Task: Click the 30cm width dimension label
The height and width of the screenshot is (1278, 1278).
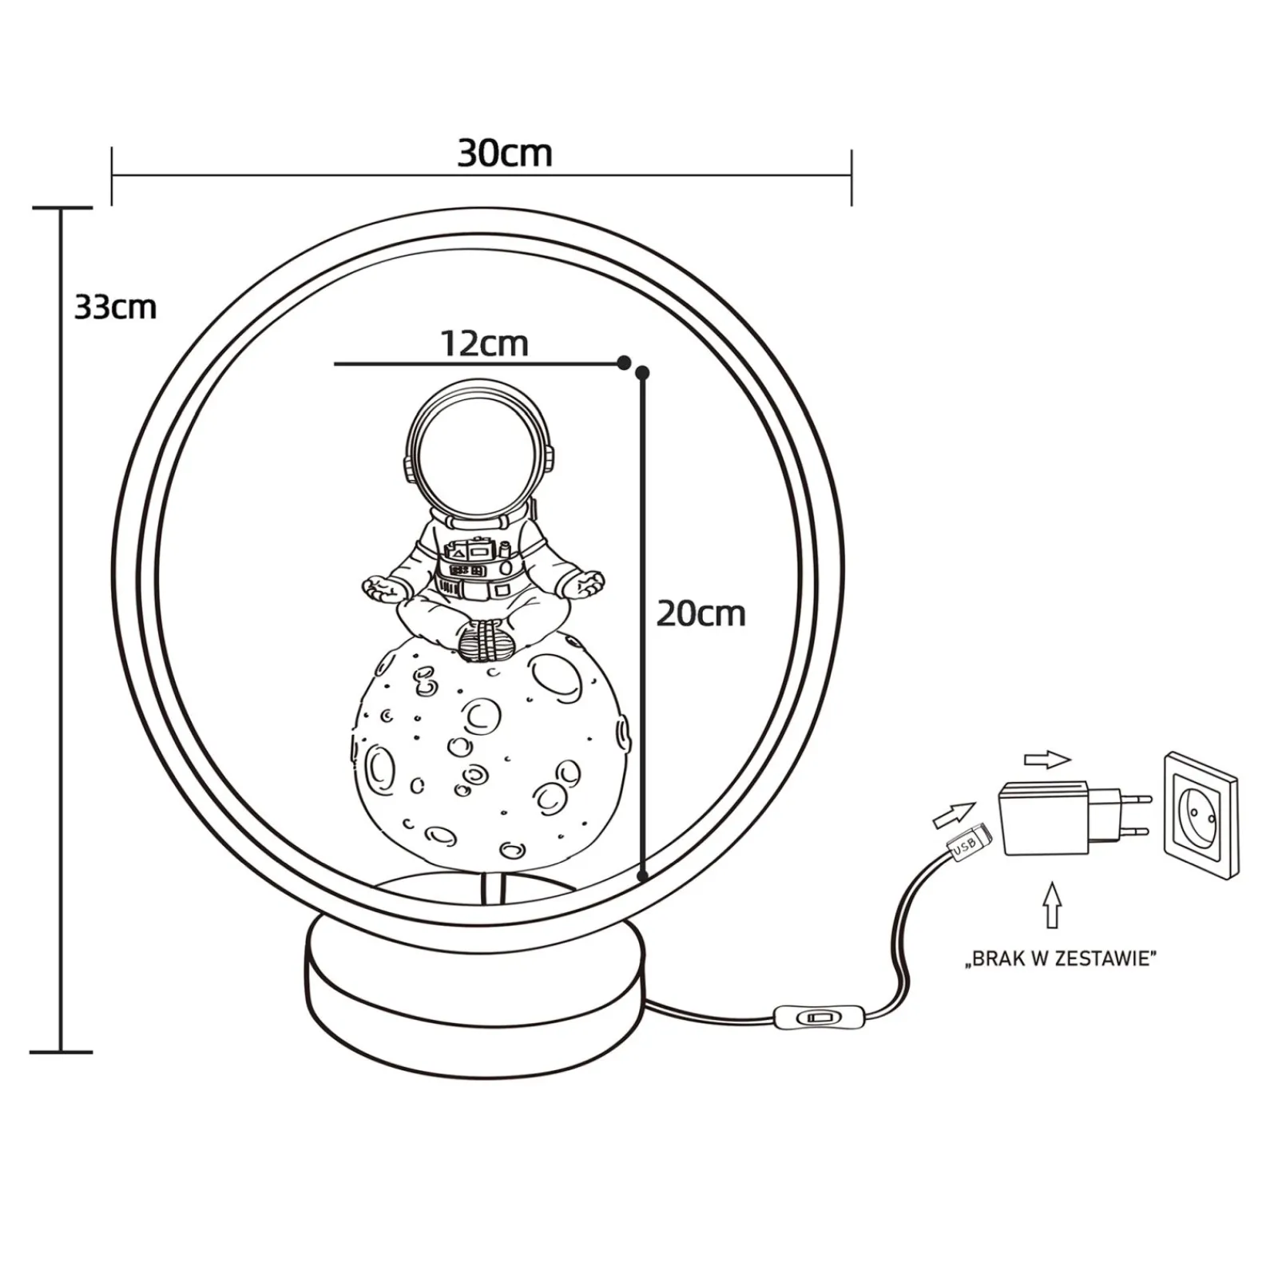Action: pos(505,153)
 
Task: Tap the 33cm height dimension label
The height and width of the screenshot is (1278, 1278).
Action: pos(115,308)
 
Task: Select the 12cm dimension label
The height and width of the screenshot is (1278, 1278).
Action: pos(485,343)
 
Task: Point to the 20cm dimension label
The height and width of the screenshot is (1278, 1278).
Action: pos(701,613)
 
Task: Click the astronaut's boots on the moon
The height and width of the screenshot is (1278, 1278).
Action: pos(485,641)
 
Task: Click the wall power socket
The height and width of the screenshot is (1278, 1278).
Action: pos(1201,816)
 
